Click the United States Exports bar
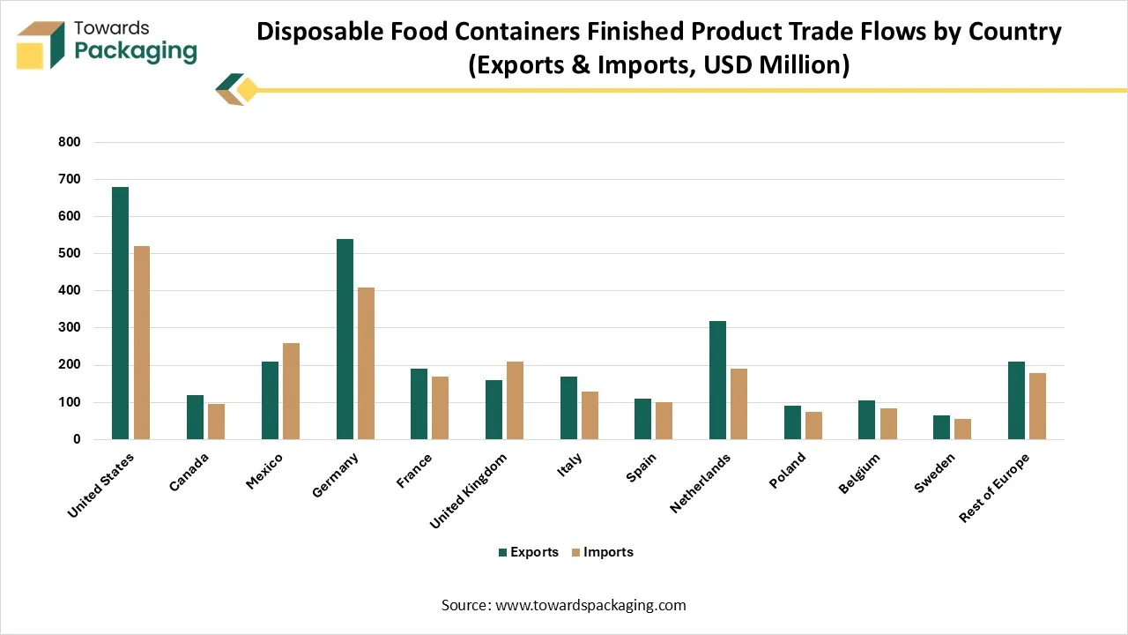120,313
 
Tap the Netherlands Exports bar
717,380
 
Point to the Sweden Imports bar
962,429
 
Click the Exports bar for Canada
195,417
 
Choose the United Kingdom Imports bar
515,400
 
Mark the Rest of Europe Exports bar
1016,400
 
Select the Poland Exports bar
792,422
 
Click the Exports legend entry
528,552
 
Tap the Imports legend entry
602,552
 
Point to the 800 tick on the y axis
70,142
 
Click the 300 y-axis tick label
70,327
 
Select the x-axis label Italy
569,467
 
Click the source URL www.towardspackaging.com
590,605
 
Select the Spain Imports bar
664,421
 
